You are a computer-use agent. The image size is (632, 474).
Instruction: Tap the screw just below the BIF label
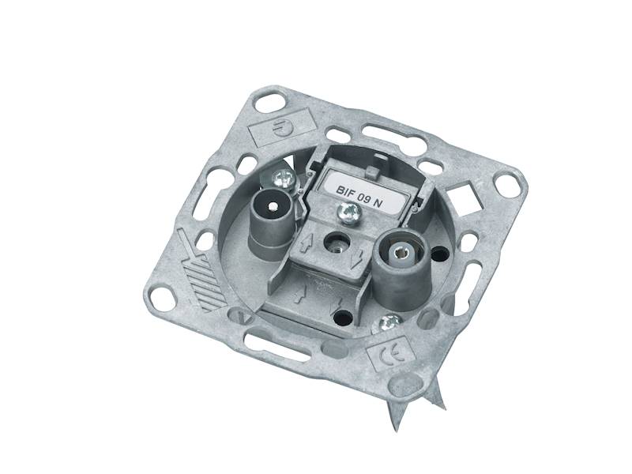coord(346,213)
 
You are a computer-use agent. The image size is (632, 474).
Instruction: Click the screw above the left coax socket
coord(282,179)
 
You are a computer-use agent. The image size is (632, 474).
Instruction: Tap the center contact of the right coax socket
coord(400,251)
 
